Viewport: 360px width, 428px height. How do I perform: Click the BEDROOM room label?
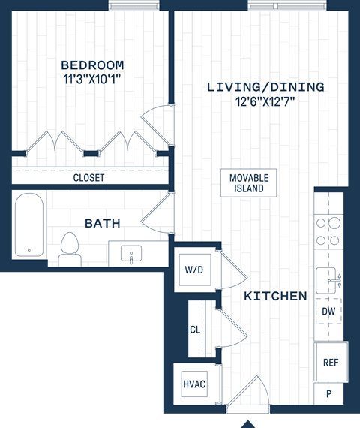coord(92,65)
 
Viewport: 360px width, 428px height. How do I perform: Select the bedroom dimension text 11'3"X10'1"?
coord(92,79)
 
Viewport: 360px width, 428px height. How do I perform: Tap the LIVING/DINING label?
coord(265,87)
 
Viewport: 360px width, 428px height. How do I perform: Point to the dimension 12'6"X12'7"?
coord(265,101)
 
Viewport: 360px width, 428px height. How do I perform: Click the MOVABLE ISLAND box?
coord(249,182)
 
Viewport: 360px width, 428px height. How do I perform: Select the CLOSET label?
coord(88,178)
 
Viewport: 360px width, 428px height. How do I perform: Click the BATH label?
coord(102,223)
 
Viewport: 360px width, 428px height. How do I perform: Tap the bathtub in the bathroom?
coord(29,225)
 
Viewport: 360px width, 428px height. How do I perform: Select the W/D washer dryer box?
coord(193,269)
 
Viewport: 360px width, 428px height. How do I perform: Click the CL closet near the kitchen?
coord(195,329)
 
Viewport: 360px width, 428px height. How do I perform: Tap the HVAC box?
coord(193,384)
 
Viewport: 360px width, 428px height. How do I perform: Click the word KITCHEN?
coord(275,296)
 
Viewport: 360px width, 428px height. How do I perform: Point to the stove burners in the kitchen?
coord(328,231)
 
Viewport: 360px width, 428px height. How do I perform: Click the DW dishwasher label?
coord(328,310)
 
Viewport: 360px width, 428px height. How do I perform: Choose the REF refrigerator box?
coord(331,362)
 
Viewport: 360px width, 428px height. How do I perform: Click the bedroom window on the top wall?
coord(130,5)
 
